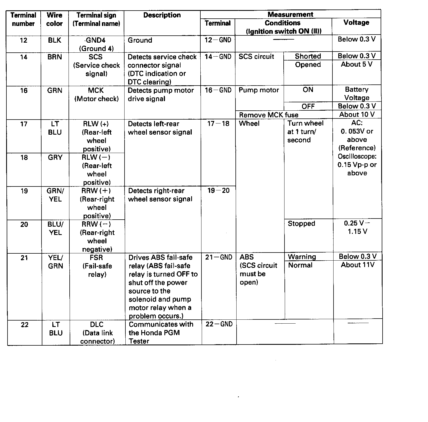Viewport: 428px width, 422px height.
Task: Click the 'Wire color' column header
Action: click(x=54, y=19)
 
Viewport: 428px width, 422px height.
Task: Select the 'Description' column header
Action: click(x=162, y=15)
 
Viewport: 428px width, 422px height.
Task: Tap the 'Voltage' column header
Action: click(x=356, y=23)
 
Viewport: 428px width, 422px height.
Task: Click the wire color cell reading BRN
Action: click(x=55, y=57)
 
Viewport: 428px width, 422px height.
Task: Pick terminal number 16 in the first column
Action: click(x=24, y=91)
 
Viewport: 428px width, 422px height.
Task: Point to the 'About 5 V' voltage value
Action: click(x=356, y=64)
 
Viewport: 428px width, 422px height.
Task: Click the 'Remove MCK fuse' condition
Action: click(x=269, y=115)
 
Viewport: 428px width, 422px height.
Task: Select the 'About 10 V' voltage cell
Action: click(x=357, y=115)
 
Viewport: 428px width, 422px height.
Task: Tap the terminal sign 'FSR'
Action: click(x=96, y=258)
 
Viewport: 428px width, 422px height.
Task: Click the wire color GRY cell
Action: click(x=55, y=157)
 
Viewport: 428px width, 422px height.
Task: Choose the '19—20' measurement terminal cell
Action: click(x=218, y=191)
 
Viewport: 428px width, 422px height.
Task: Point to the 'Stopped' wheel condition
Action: click(x=301, y=224)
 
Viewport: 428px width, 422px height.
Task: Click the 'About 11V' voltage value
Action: click(x=358, y=265)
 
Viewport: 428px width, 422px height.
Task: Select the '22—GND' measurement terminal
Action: click(x=219, y=324)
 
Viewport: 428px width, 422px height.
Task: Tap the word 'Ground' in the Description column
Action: click(x=140, y=40)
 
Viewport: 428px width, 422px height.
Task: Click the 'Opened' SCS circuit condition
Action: click(x=308, y=65)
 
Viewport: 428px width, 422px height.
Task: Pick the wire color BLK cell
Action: click(x=54, y=40)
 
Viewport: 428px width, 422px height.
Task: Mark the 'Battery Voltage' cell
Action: click(x=357, y=94)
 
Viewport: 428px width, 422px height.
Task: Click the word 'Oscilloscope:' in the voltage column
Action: click(x=357, y=156)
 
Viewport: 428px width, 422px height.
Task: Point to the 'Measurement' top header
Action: click(x=290, y=14)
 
